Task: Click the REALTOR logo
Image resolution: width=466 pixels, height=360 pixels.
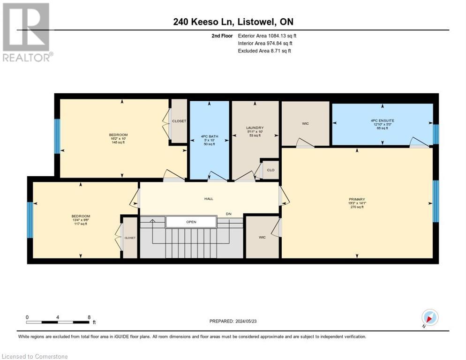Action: (27, 32)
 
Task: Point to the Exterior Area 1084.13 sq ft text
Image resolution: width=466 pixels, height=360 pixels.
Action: (267, 36)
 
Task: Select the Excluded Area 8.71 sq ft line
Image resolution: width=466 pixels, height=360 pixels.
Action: (264, 51)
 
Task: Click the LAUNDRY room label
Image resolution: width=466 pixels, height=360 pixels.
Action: (255, 127)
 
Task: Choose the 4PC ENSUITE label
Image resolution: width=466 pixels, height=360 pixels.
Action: (382, 120)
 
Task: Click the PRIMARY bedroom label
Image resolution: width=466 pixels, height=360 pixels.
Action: (357, 199)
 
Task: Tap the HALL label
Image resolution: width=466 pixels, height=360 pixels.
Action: (209, 199)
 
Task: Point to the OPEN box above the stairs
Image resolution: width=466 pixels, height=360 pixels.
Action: (191, 222)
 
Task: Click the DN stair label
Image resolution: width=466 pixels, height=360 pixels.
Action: (229, 214)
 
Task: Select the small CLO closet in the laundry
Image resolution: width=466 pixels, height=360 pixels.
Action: (271, 170)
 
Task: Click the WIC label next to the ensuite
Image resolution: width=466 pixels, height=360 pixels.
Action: (305, 123)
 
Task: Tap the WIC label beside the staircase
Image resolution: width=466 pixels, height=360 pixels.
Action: (262, 237)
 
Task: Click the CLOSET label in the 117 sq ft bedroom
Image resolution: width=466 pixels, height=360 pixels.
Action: (130, 238)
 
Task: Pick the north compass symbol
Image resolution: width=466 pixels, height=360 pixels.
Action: (429, 318)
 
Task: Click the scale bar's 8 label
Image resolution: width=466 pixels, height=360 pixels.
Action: (89, 317)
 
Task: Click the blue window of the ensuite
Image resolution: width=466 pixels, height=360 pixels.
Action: (435, 134)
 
